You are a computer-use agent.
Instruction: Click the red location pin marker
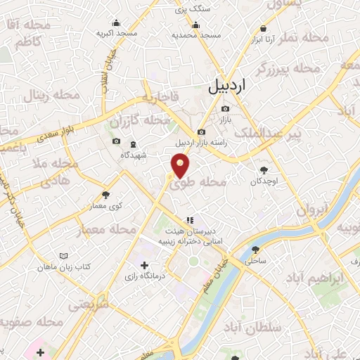pos(181,166)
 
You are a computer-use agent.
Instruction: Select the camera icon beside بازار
pos(225,109)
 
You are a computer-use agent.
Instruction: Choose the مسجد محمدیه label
pos(200,34)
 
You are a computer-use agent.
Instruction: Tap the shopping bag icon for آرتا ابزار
pos(263,29)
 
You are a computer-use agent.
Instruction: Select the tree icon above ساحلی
pos(255,250)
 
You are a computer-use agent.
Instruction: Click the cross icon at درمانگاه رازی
pos(144,266)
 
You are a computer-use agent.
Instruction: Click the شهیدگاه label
pos(133,155)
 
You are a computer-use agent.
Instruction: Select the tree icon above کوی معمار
pos(105,195)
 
